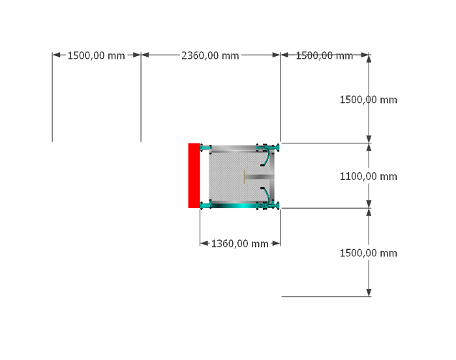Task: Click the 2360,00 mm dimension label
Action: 210,55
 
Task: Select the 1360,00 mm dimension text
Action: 239,244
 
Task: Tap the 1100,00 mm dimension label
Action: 369,176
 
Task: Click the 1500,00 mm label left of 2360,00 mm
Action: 97,55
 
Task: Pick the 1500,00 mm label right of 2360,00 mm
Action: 324,55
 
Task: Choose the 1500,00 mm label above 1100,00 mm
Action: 369,100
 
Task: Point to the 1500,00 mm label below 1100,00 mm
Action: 369,253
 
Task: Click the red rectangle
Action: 194,175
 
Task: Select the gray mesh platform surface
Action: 235,176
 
